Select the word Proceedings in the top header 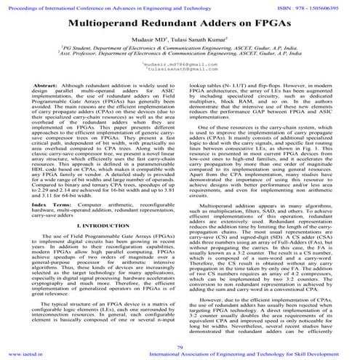[x=21, y=4]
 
